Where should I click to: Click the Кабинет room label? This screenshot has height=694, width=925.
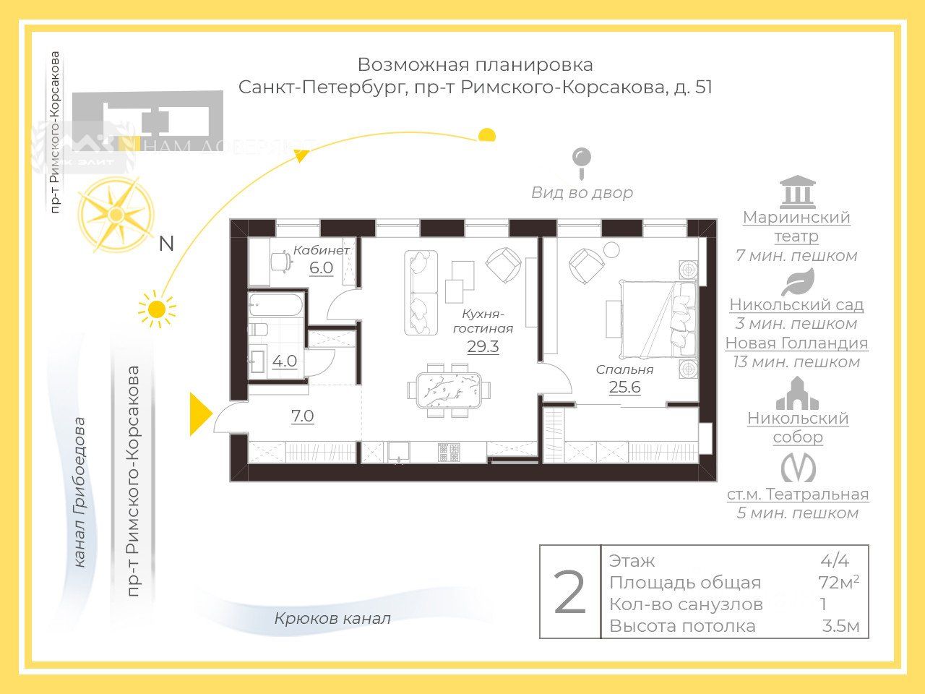coord(321,250)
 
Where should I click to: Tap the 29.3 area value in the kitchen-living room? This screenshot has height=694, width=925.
coord(483,346)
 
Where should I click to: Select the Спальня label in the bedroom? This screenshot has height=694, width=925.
coord(624,369)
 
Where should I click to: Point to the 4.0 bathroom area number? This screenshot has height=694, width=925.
coord(285,361)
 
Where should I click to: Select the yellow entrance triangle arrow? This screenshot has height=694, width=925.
coord(199,414)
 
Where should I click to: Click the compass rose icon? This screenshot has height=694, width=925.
coord(116,214)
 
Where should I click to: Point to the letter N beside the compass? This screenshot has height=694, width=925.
coord(166,244)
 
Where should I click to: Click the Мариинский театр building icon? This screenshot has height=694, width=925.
coord(797,192)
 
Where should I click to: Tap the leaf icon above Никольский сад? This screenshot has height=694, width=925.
coord(797,282)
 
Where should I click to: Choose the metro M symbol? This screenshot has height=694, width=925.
coord(798,468)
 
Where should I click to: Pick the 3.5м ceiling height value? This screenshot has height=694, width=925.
coord(840,626)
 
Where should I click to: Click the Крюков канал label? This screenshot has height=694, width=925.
coord(332,619)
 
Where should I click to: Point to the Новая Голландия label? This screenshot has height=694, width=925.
coord(796,343)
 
